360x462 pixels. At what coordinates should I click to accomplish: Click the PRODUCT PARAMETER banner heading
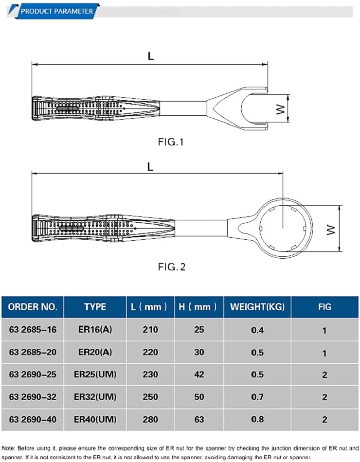57,11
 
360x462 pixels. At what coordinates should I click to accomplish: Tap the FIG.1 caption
171,142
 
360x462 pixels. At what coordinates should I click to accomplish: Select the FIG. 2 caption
172,267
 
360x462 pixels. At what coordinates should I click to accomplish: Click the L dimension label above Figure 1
151,56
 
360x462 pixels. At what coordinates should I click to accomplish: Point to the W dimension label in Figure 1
281,109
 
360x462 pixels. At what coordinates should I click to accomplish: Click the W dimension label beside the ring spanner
331,230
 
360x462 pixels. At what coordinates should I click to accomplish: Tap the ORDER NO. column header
33,307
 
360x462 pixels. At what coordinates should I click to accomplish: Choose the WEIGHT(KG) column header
257,307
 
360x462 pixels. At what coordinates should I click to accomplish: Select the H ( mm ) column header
198,307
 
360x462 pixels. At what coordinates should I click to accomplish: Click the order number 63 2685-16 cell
33,329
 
